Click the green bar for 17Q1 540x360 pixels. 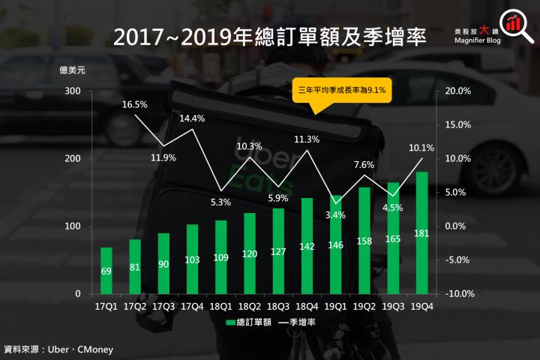(106, 270)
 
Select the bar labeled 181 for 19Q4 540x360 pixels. (421, 232)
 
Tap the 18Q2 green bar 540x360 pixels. (249, 253)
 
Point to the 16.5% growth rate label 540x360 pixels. (135, 105)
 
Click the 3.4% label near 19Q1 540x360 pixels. (336, 214)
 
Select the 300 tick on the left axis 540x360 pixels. (72, 91)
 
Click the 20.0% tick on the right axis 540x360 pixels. (457, 91)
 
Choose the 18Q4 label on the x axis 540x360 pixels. (307, 306)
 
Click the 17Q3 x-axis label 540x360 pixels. (163, 306)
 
